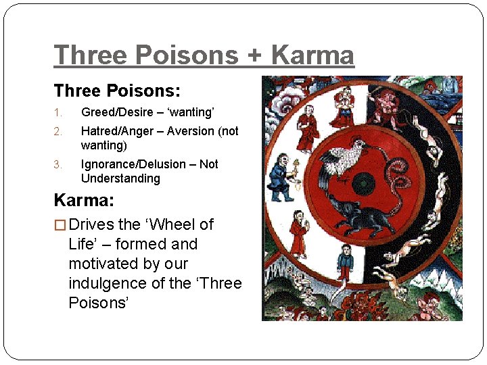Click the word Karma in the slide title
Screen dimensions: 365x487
coord(312,55)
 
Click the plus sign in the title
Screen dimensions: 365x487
coord(255,55)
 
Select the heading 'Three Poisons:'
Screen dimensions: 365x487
coord(117,91)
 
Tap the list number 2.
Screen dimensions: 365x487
coord(58,131)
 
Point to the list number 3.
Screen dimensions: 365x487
coord(58,164)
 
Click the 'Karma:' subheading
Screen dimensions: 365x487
coord(85,201)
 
